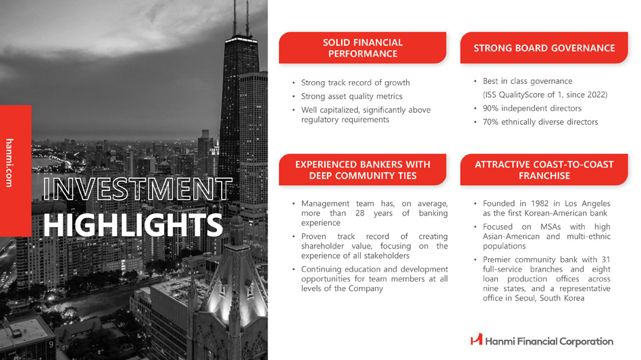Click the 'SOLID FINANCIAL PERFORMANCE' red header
[x=363, y=48]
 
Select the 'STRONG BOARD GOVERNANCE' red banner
[x=544, y=48]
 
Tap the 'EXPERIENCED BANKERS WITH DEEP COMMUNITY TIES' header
[x=363, y=170]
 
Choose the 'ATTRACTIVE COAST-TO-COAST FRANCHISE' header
[x=544, y=170]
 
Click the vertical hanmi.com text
[x=9, y=163]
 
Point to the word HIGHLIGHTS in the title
[x=133, y=225]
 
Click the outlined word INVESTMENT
[x=137, y=189]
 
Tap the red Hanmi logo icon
[x=476, y=339]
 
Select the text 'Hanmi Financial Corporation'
[x=549, y=341]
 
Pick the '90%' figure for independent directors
[x=490, y=108]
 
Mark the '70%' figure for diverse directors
[x=490, y=122]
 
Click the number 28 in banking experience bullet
[x=360, y=213]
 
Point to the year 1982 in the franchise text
[x=540, y=203]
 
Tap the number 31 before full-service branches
[x=606, y=259]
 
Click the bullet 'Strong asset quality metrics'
[x=351, y=97]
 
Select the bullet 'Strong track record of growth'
[x=355, y=82]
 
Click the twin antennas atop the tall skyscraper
[x=240, y=18]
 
